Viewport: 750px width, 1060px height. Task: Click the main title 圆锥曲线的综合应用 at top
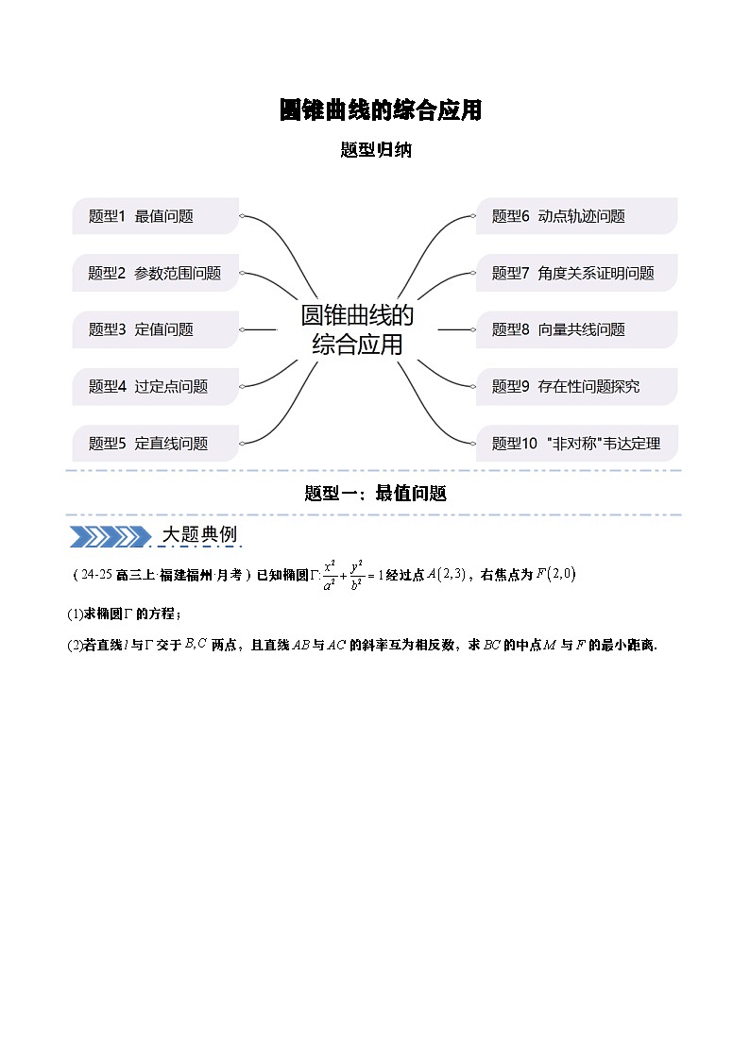[380, 110]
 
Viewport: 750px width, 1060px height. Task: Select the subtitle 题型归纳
[376, 149]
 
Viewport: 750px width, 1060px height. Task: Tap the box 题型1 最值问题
[156, 216]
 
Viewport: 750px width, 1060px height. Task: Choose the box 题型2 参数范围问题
[156, 273]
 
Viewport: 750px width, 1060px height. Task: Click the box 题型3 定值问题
[156, 330]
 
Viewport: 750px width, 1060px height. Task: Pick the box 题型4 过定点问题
[156, 387]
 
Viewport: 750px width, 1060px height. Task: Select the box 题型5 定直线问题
[156, 444]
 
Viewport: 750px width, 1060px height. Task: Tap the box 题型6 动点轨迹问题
[577, 216]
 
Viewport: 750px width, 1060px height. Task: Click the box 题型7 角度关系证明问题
[577, 273]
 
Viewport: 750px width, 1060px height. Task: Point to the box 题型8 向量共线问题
[577, 330]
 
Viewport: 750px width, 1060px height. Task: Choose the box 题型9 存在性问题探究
[577, 387]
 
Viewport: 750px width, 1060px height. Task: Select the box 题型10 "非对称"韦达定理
[577, 444]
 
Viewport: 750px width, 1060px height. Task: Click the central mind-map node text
[357, 330]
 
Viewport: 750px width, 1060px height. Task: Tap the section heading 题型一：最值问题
[375, 494]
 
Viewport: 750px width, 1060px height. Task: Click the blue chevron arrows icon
[111, 537]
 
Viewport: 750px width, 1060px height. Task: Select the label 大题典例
[199, 535]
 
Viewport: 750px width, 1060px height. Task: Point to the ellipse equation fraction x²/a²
[330, 575]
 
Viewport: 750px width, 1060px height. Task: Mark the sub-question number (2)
[75, 645]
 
